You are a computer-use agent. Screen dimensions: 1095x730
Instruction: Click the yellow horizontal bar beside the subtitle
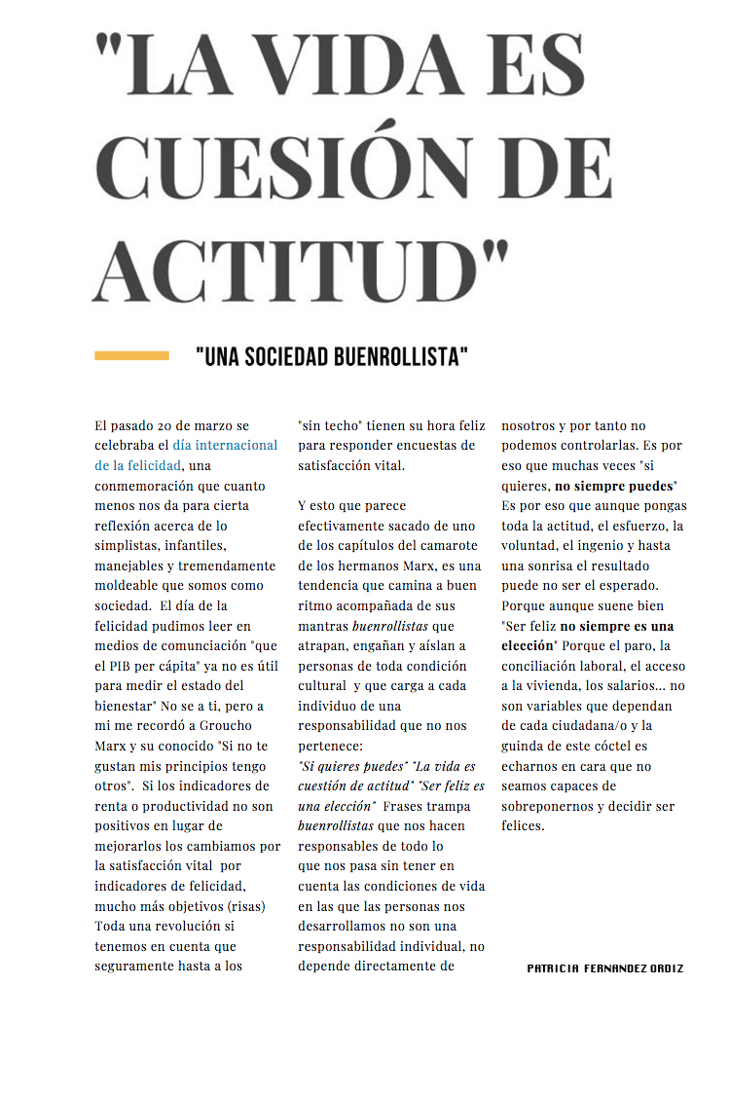coord(131,356)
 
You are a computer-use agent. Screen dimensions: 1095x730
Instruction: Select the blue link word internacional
coord(237,446)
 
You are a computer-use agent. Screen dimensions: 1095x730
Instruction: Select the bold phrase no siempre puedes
coord(615,486)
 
